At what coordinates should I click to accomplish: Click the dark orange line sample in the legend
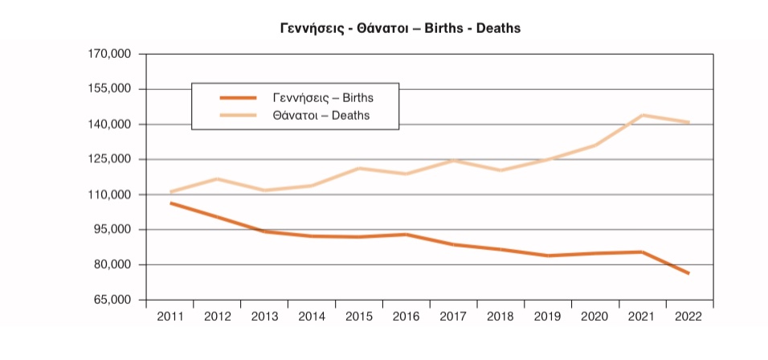click(x=238, y=97)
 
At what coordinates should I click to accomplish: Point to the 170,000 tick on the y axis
click(x=109, y=55)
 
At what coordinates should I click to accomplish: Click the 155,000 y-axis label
click(x=109, y=89)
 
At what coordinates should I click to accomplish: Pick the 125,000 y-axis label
click(x=109, y=159)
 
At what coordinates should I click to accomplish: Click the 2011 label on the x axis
click(x=170, y=317)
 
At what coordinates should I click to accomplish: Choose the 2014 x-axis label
click(x=313, y=317)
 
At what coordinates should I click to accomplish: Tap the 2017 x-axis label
click(x=454, y=317)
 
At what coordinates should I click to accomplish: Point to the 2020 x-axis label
click(x=595, y=317)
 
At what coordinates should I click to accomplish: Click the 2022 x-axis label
click(x=689, y=317)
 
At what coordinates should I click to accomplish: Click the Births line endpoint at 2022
click(x=689, y=274)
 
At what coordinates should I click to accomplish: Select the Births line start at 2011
click(x=170, y=203)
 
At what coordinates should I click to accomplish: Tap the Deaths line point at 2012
click(x=218, y=178)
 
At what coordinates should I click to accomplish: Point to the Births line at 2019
click(x=548, y=256)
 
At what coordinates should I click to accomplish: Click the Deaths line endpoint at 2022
click(x=689, y=122)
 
